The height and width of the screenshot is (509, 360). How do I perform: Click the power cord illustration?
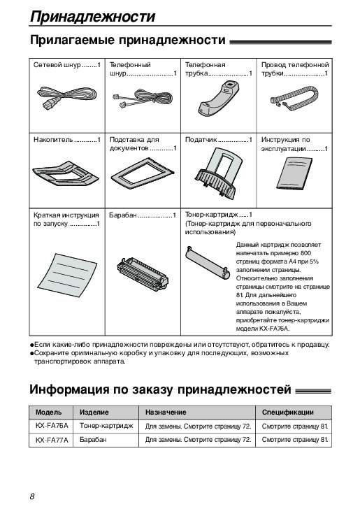coord(66,97)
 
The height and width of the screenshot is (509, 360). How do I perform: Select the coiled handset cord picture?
coord(295,96)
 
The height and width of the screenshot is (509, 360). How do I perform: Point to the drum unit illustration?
coord(143,273)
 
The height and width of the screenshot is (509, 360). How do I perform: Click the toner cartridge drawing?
coord(208,261)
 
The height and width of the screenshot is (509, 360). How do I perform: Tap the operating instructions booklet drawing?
coord(294,173)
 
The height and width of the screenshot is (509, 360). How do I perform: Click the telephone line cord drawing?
coord(142,99)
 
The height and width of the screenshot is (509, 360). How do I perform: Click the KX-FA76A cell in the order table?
coord(52,426)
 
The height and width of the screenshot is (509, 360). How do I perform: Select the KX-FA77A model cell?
coord(52,440)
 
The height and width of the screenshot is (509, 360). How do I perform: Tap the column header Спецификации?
coord(288,413)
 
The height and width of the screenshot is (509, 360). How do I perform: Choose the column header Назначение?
coord(166,413)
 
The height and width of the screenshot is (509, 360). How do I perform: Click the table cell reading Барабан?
coord(93,440)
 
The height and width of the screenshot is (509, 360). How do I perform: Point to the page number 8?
coord(32,496)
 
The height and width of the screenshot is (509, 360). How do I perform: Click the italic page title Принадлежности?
coord(92,16)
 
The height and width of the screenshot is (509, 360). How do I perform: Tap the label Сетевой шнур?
coord(57,65)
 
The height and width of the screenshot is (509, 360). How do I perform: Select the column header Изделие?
coord(94,413)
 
